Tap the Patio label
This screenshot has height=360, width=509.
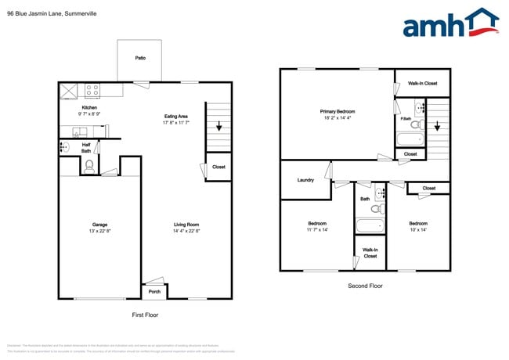click(140, 58)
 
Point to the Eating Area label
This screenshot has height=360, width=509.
click(175, 117)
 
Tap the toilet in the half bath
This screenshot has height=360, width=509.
click(89, 165)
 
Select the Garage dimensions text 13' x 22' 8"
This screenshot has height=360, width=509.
click(99, 231)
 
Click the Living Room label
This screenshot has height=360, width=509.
click(186, 225)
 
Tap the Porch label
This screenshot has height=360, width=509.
click(152, 292)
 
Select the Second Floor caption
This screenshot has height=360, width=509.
click(365, 286)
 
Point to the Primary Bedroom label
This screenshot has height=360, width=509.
click(338, 112)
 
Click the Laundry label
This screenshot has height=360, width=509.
click(305, 180)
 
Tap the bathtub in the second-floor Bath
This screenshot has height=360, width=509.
click(370, 226)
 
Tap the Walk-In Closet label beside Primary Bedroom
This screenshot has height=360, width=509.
click(422, 83)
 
